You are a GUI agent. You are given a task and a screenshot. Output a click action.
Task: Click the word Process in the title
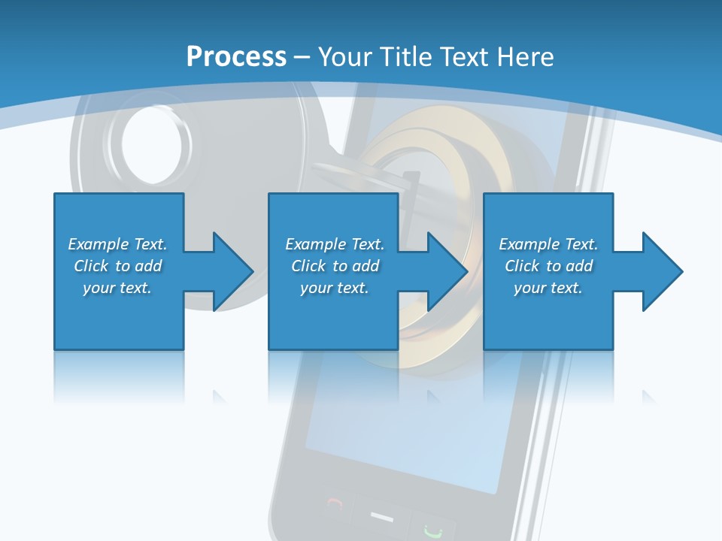[236, 57]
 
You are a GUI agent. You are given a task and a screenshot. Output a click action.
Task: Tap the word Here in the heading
[525, 57]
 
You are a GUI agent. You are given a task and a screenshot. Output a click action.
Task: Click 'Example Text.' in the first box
[117, 244]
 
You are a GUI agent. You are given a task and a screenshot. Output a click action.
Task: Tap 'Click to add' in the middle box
[335, 266]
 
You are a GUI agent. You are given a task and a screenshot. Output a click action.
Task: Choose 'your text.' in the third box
[548, 288]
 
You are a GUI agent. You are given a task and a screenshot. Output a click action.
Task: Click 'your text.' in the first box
[117, 288]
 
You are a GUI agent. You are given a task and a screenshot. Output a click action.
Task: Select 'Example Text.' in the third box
[548, 244]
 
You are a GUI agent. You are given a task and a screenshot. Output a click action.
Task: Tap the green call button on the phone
[432, 529]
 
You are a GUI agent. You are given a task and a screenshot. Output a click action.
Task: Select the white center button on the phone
[382, 517]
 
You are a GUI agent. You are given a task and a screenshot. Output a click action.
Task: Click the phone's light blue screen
[421, 436]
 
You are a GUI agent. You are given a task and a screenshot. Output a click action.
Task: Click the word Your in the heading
[344, 57]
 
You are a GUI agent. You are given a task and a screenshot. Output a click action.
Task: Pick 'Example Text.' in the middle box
[335, 244]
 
